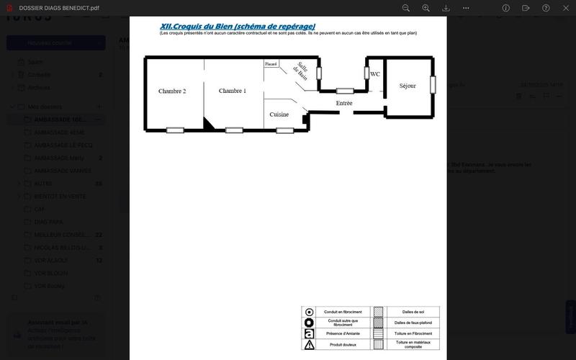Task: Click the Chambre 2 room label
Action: [x=172, y=91]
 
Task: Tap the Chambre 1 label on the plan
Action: [x=233, y=91]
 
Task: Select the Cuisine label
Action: [x=279, y=114]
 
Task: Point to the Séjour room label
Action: [x=408, y=86]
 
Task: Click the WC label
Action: [x=375, y=74]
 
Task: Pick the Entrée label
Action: [x=344, y=103]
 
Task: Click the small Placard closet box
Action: [x=271, y=64]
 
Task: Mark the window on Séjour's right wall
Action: [x=433, y=84]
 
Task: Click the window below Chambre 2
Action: [x=175, y=130]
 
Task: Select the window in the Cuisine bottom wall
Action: [x=285, y=130]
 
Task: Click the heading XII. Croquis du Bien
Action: [x=237, y=26]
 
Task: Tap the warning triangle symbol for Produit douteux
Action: [x=310, y=345]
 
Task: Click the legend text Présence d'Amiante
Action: [x=343, y=334]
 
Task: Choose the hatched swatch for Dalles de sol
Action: [x=378, y=312]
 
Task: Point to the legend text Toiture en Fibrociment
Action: [x=413, y=334]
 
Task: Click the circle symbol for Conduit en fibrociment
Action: [x=310, y=312]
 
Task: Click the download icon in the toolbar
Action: [x=446, y=8]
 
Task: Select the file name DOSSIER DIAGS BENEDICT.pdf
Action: [x=59, y=8]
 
